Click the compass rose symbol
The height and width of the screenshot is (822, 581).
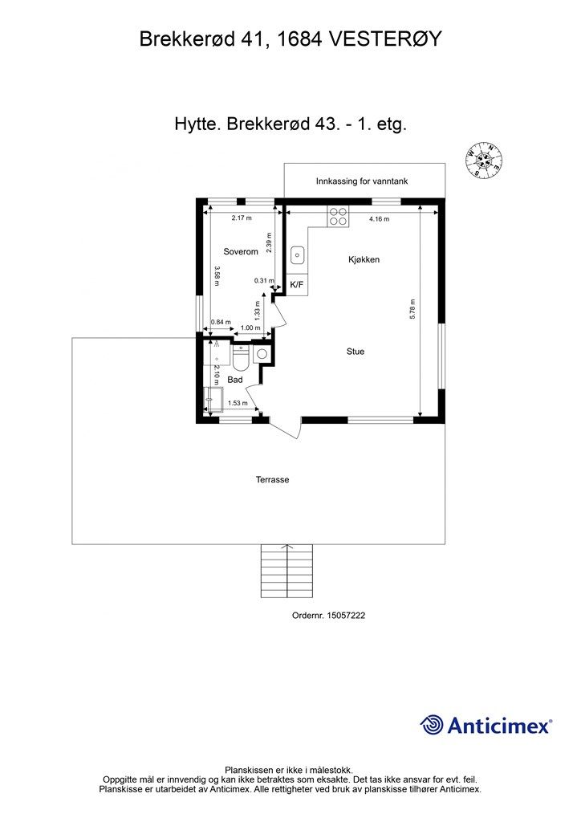point(484,160)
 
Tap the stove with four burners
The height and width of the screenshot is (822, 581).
point(339,216)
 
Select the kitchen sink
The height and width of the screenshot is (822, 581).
point(298,256)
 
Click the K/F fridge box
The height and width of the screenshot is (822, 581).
point(296,285)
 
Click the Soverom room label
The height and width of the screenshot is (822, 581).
point(241,251)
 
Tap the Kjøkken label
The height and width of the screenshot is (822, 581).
point(364,260)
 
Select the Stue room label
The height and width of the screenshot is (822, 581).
point(356,352)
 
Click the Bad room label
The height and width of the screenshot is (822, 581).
point(235,379)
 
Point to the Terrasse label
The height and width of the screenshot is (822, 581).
point(272,479)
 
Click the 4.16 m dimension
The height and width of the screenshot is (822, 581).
point(379,219)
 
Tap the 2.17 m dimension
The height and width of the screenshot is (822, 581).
point(242,218)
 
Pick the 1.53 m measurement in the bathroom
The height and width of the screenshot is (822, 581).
point(237,403)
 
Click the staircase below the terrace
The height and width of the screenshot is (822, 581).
point(286,572)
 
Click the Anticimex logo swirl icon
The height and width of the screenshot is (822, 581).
point(433,725)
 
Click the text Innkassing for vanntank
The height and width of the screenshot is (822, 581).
point(362,181)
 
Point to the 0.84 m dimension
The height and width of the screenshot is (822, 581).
point(221,323)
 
